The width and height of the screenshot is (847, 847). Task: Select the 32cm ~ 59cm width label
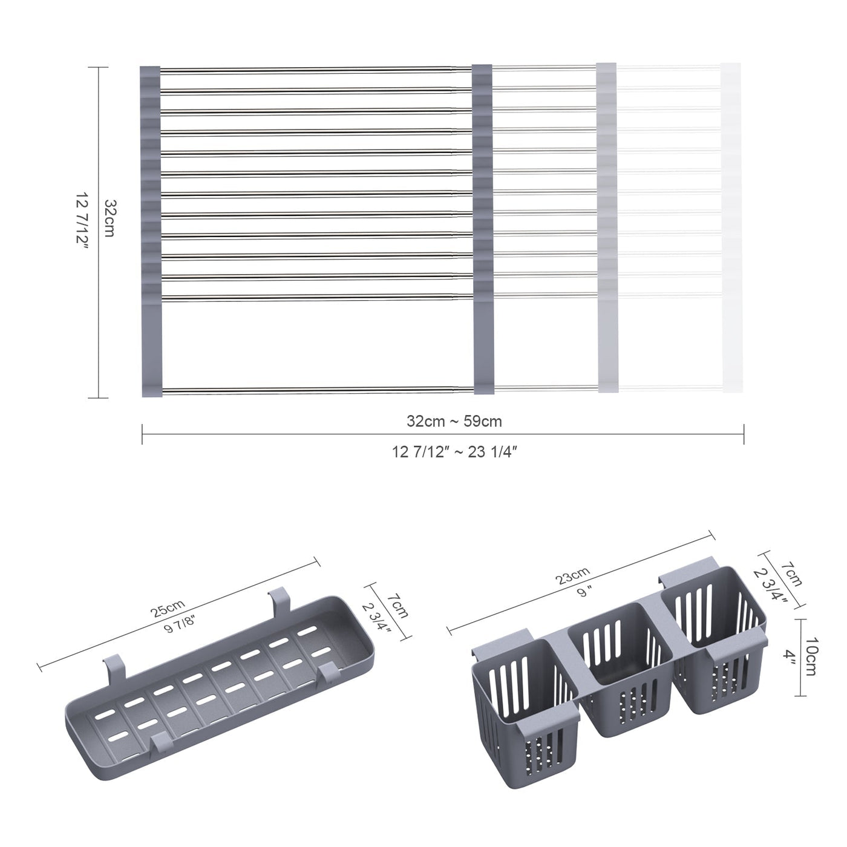(454, 421)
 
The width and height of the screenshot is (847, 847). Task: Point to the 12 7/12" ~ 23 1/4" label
(454, 452)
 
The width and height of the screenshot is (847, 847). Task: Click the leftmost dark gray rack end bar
(151, 230)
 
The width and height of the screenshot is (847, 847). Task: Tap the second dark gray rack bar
(483, 230)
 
